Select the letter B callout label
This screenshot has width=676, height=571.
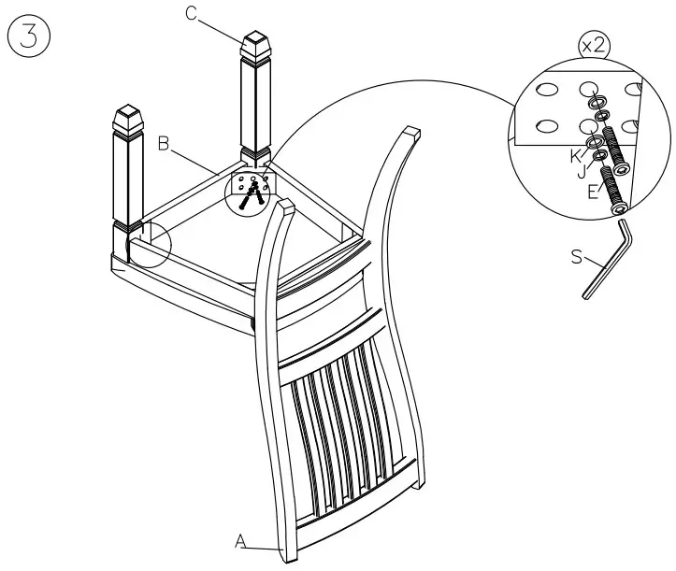pos(163,143)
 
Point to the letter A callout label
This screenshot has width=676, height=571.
pos(240,540)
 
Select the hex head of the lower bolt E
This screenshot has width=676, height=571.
pos(620,207)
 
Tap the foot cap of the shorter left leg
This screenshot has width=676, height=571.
pos(126,120)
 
